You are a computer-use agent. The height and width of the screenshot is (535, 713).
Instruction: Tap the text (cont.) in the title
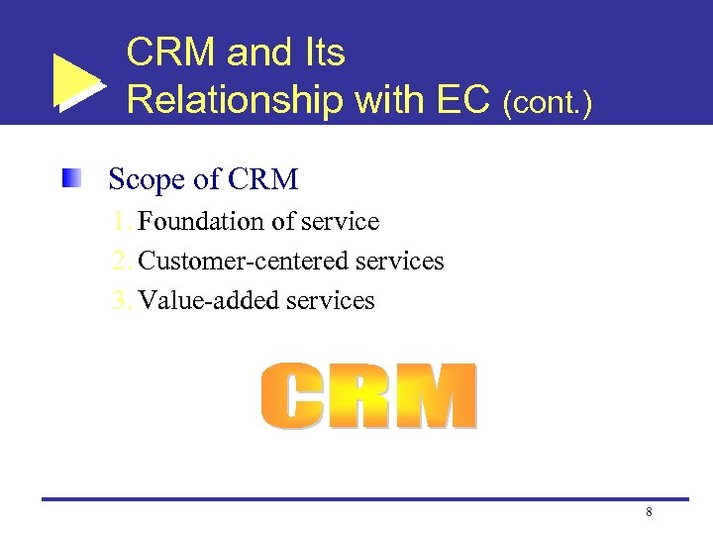548,103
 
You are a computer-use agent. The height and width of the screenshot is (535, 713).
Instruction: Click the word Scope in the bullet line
147,180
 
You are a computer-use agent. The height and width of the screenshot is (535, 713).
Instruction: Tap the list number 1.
122,221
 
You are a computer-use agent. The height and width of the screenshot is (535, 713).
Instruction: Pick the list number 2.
122,261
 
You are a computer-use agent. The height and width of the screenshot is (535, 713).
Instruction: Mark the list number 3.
122,300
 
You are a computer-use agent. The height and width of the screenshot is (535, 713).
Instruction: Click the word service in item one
341,221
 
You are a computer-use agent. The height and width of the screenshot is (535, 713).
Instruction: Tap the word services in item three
331,300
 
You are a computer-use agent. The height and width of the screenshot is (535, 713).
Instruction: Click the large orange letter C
294,396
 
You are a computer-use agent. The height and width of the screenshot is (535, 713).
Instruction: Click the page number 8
649,512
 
